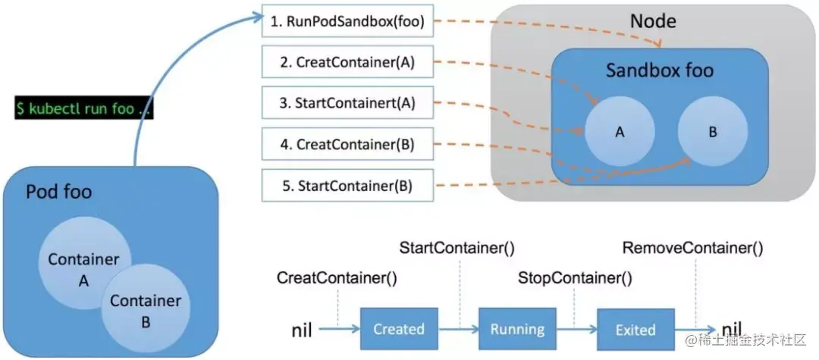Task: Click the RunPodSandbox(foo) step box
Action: tap(348, 22)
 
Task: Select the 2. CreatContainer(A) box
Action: tap(348, 62)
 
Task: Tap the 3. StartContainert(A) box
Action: tap(348, 103)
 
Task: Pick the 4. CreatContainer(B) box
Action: tap(348, 144)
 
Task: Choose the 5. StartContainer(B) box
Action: tap(348, 185)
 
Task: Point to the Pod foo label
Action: tap(59, 192)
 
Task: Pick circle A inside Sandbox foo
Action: tap(619, 131)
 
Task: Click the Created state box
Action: tap(399, 329)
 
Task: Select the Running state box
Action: tap(517, 329)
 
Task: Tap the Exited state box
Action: tap(635, 329)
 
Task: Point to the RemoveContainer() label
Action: tap(692, 248)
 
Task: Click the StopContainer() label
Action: tap(575, 277)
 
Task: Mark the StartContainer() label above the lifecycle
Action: tap(458, 248)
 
